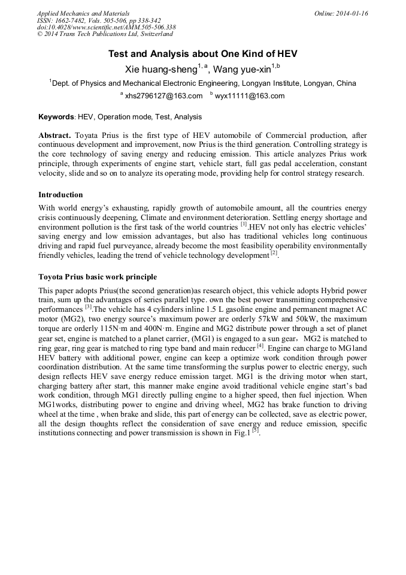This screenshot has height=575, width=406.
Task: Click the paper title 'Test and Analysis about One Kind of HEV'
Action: (202, 54)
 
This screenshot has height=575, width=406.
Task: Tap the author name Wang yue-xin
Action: (243, 68)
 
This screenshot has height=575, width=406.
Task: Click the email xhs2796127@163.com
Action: (163, 96)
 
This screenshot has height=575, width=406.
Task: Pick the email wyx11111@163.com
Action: (250, 96)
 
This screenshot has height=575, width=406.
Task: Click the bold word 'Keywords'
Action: (56, 117)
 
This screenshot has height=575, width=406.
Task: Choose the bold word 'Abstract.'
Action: (55, 136)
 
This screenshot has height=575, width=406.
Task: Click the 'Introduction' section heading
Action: (60, 195)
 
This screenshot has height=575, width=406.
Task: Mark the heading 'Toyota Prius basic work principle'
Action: (98, 277)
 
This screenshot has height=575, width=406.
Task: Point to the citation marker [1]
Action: (244, 225)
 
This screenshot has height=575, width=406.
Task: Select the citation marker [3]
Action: (88, 306)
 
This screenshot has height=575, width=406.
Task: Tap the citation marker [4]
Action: (260, 345)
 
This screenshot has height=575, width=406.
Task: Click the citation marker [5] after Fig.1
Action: (255, 430)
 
